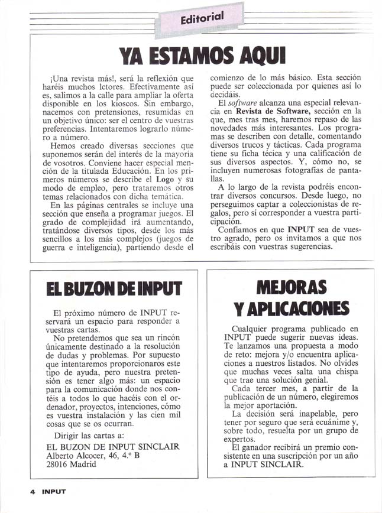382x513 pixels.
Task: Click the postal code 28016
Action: (59, 465)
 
